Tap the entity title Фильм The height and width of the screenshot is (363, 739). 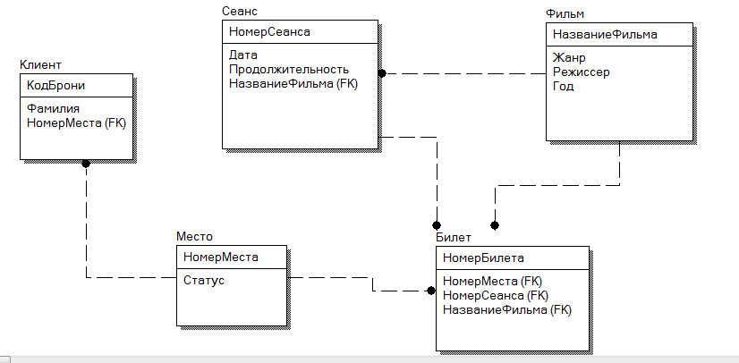pos(565,16)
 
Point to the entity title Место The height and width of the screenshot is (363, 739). pos(194,238)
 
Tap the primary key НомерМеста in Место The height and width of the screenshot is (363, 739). pos(220,257)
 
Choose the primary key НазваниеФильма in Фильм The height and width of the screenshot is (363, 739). pos(605,36)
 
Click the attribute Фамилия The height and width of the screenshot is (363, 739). pos(54,107)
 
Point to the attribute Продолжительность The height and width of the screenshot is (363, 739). pos(288,69)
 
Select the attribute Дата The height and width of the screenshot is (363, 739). pos(243,55)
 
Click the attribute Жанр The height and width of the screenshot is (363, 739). pos(569,58)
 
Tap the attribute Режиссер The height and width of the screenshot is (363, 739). pos(582,72)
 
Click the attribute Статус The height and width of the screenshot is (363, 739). pos(204,280)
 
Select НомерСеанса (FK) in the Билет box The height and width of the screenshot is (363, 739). pos(495,295)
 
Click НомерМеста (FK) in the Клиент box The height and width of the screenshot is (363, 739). pos(76,122)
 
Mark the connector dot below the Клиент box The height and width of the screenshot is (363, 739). pos(86,164)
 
